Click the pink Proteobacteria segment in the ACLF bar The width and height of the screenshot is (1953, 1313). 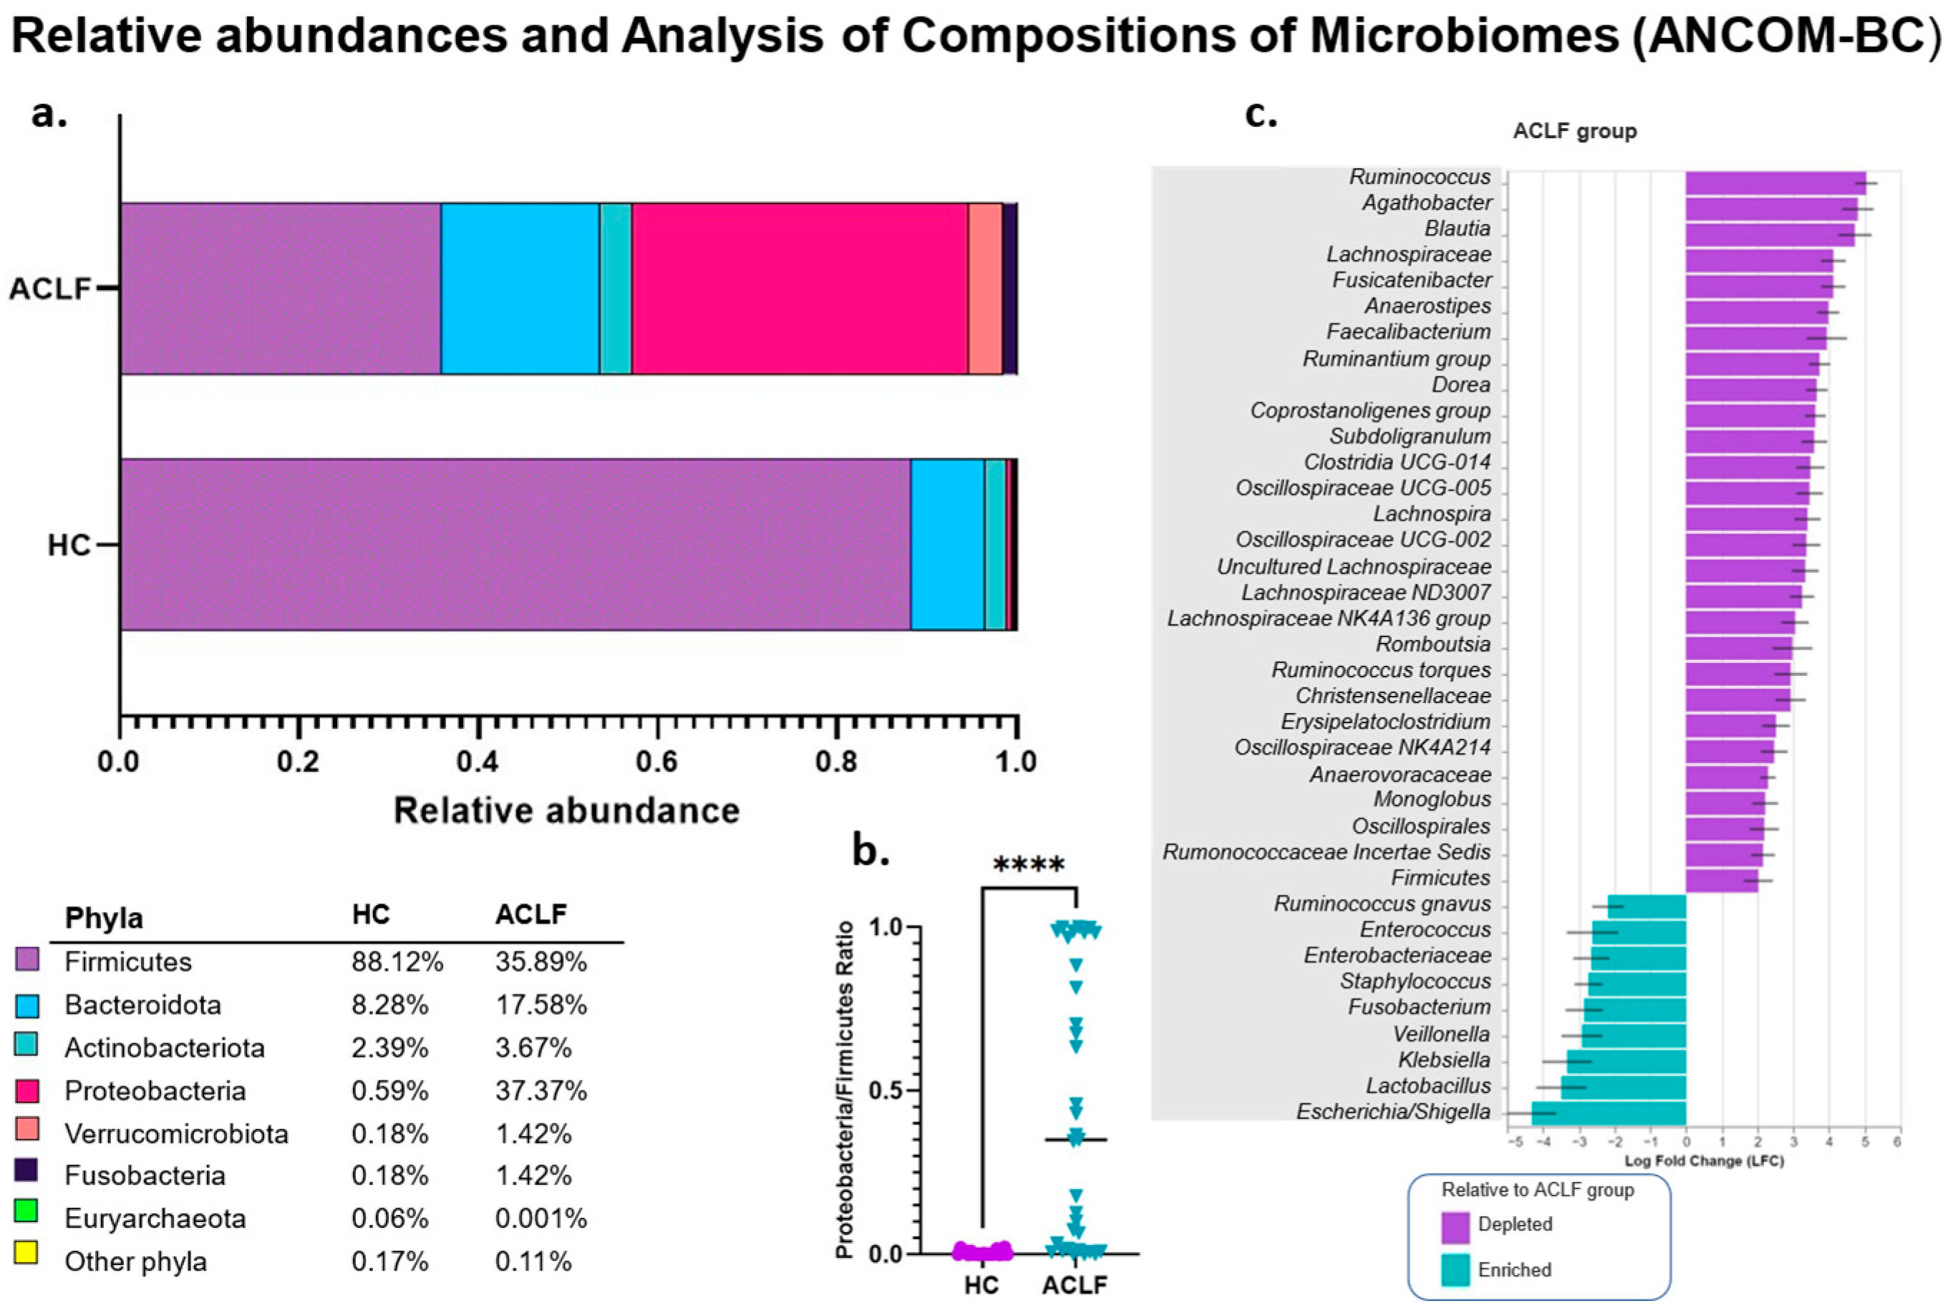coord(800,288)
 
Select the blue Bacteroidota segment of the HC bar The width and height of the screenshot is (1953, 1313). coord(946,544)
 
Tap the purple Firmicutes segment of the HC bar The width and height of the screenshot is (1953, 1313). coord(515,544)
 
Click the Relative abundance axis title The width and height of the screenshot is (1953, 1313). coord(567,810)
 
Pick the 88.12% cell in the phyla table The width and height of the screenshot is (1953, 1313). coord(397,961)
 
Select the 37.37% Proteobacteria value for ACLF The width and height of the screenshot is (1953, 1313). coord(541,1090)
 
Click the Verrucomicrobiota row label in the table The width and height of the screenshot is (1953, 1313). coord(176,1133)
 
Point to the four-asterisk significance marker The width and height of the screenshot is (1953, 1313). coord(1028,865)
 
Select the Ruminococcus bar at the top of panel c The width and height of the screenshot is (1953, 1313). coord(1775,183)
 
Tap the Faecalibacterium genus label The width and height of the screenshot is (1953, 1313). coord(1408,331)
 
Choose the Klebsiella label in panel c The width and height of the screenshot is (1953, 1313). coord(1444,1060)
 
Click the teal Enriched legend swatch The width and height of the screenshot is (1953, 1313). coord(1455,1270)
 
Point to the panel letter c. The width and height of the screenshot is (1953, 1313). coord(1261,113)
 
